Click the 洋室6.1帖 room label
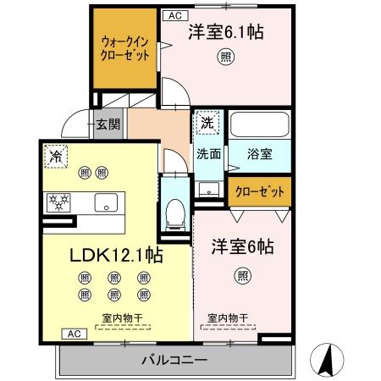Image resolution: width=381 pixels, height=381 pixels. (224, 34)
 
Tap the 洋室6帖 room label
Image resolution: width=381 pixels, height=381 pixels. (242, 247)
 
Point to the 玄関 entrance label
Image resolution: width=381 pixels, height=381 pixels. (108, 124)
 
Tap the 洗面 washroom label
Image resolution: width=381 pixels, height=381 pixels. (209, 155)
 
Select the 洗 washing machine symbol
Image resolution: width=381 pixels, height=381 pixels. (207, 124)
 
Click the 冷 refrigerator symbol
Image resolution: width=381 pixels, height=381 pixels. (56, 157)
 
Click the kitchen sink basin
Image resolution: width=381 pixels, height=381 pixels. (108, 202)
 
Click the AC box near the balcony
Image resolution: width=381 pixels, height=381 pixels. (74, 334)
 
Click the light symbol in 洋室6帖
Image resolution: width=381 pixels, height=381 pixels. (243, 275)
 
